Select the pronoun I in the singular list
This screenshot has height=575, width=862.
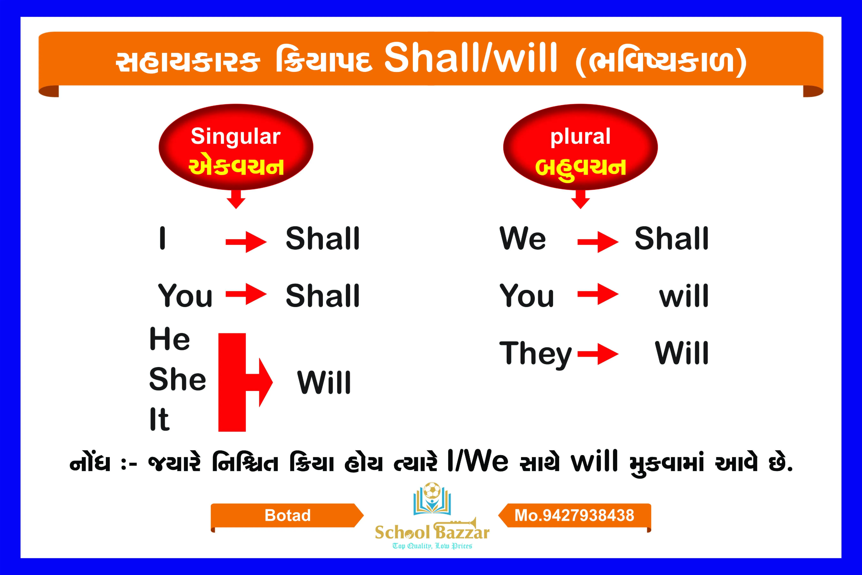tap(162, 238)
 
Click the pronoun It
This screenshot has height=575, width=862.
tap(159, 419)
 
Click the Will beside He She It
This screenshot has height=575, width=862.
tap(324, 383)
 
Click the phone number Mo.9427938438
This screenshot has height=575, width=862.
tap(574, 515)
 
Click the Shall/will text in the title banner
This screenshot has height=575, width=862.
tap(471, 58)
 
